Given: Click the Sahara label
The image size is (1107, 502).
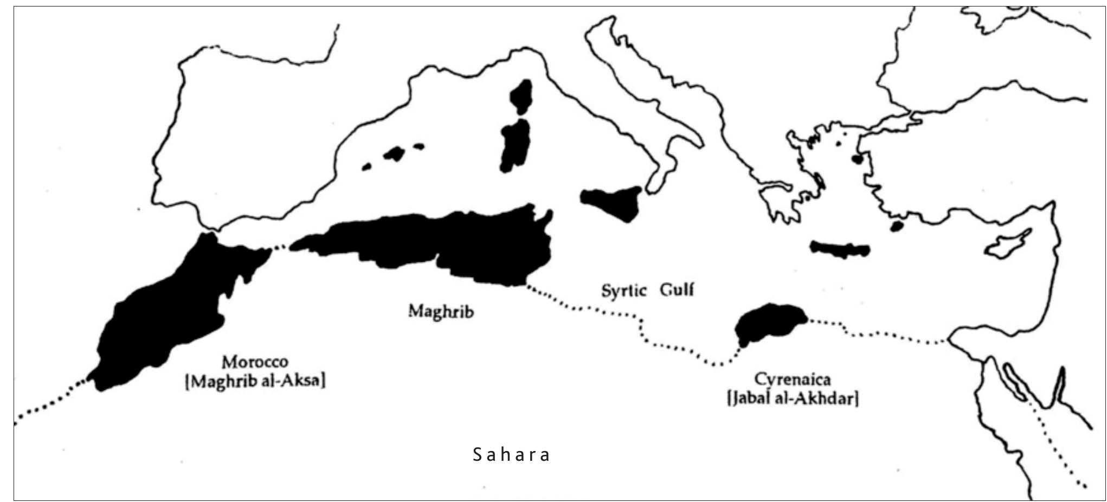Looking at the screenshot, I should pos(512,454).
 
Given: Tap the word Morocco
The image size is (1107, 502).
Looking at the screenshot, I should pos(255,362).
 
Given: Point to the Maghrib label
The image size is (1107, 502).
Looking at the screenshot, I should pos(441,312).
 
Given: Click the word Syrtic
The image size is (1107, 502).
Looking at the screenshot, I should pos(624,291).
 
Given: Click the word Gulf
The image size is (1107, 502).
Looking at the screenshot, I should pos(677,289).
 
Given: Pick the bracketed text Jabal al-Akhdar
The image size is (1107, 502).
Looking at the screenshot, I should pos(793,400).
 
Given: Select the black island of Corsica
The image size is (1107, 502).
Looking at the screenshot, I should pos(522,96).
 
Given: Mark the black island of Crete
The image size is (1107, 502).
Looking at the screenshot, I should pos(839,249).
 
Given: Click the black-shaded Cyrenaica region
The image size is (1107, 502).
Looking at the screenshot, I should pos(767,324).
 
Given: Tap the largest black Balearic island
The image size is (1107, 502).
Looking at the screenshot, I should pos(394,153).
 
